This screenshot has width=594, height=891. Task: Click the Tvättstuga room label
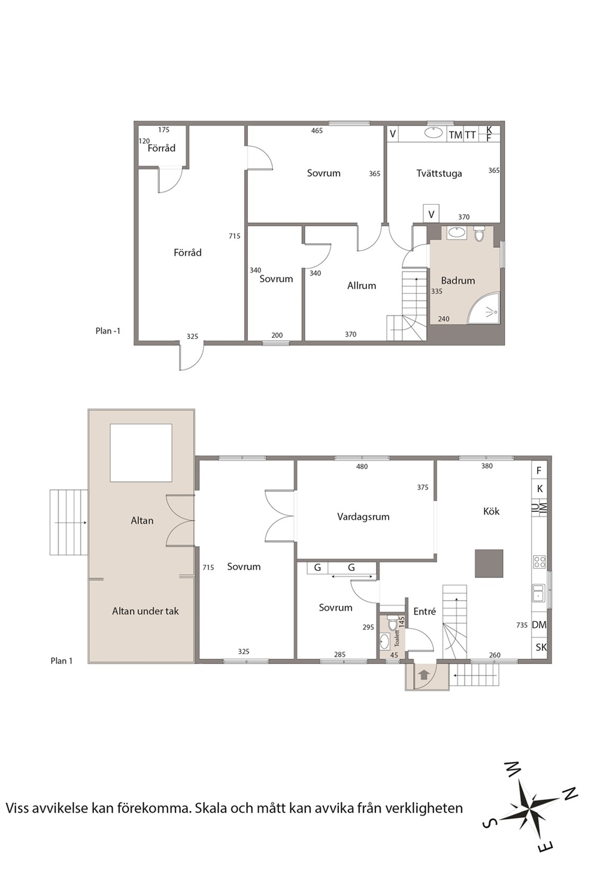tap(439, 174)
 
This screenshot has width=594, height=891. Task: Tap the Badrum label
tap(458, 280)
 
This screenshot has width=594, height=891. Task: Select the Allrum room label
tap(361, 286)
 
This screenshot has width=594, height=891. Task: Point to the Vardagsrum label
tap(363, 517)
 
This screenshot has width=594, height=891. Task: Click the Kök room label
tap(492, 511)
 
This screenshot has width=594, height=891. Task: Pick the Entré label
tap(425, 611)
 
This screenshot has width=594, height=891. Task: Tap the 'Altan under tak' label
tap(146, 611)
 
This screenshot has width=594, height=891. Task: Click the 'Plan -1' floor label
tap(108, 331)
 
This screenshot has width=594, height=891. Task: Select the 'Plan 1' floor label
tap(61, 660)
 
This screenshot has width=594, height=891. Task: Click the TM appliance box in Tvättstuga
tap(455, 135)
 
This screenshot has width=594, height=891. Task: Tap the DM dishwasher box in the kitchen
tap(539, 625)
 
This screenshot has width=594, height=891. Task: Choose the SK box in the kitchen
tap(541, 647)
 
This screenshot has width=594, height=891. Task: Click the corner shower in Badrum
tap(483, 308)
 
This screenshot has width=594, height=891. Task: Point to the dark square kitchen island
tap(489, 563)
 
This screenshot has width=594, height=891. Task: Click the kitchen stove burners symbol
tap(540, 562)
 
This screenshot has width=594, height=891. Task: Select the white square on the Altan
tap(141, 453)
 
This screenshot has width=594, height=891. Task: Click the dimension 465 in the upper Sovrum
tap(317, 131)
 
